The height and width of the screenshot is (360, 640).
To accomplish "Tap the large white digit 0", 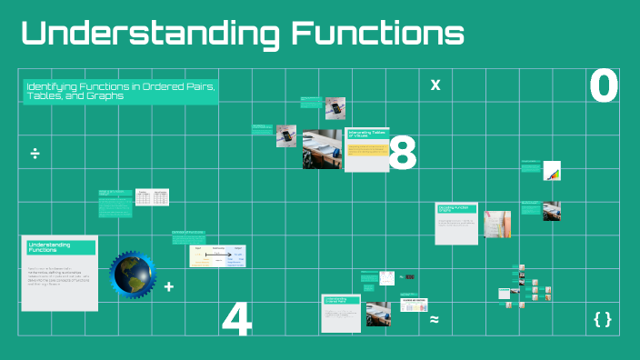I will coord(604,86).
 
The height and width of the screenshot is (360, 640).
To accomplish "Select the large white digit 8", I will coord(402,154).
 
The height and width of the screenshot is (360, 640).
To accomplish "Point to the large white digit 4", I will coord(236,319).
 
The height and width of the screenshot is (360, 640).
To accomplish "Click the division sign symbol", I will coord(35,152).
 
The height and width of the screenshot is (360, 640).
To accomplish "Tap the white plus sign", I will coord(169,286).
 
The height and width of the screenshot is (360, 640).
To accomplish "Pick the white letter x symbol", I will coord(435,85).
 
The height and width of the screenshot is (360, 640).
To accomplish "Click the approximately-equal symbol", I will coord(435,319).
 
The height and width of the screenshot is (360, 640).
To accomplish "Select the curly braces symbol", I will coord(602,319).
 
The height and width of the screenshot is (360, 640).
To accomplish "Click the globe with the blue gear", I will coord(133,275).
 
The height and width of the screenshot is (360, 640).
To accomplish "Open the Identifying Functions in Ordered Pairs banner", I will coord(121,91).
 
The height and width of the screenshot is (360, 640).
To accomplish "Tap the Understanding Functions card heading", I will coord(61,247).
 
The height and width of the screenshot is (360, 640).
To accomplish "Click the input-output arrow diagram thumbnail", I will coord(217,255).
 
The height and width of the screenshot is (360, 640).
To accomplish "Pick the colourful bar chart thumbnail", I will coord(552,171).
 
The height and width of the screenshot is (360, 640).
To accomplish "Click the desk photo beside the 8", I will coord(323,148).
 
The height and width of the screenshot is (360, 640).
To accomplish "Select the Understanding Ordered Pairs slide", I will coord(342,312).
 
